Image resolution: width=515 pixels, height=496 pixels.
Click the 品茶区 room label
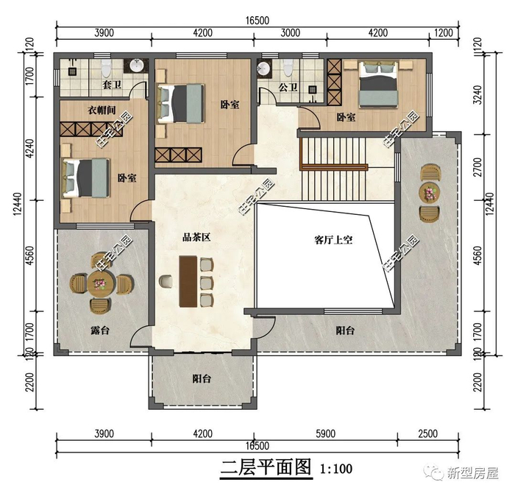point(196,237)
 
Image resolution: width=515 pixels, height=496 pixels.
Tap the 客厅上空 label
point(333,240)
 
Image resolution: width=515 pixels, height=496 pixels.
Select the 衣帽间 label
point(102,110)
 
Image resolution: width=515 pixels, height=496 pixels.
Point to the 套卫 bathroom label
point(112,85)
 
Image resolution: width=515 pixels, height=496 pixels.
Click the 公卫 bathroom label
point(288,87)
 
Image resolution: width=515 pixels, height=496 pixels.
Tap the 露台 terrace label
point(100,330)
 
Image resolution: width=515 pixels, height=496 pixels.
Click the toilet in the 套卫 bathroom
point(106,68)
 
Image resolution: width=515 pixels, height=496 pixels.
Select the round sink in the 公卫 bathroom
point(263,68)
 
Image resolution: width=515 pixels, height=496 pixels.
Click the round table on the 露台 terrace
point(102,283)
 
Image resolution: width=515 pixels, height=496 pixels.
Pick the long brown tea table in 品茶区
point(188,282)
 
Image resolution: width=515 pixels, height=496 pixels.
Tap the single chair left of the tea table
point(166,282)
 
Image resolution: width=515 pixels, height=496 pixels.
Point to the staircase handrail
point(334,167)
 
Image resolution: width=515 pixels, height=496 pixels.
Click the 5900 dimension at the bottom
point(325,433)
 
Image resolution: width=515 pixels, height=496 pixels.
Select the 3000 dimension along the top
point(291,33)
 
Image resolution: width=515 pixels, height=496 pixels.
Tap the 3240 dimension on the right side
point(478,95)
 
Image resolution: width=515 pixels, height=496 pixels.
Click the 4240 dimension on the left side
point(30,149)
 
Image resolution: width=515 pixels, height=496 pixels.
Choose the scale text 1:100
point(336,469)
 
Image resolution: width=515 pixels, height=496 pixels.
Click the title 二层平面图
point(266,468)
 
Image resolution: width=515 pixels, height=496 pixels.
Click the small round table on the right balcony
point(430,193)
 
